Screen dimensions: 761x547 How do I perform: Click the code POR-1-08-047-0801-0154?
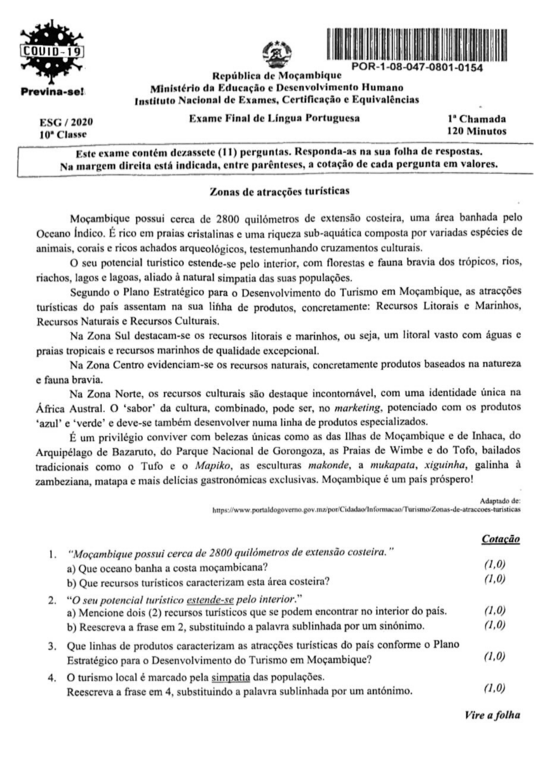[417, 68]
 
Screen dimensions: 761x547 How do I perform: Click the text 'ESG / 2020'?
[66, 122]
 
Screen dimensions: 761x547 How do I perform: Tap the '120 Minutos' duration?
[476, 131]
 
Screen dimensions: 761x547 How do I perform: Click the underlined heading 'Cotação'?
[501, 539]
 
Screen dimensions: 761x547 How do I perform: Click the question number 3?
[52, 646]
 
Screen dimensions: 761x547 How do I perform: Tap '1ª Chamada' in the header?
[476, 119]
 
